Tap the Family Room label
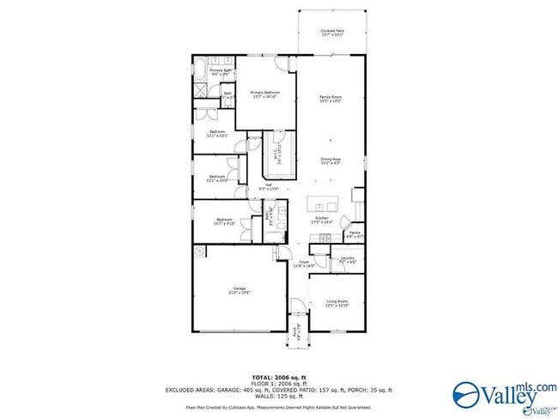pyautogui.click(x=331, y=100)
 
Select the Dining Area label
pyautogui.click(x=331, y=161)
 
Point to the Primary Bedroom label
pyautogui.click(x=265, y=94)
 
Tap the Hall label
pyautogui.click(x=268, y=187)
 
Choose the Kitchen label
pyautogui.click(x=322, y=221)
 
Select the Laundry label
pyautogui.click(x=347, y=259)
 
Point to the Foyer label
pyautogui.click(x=304, y=264)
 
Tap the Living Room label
pyautogui.click(x=337, y=303)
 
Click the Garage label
pyautogui.click(x=240, y=290)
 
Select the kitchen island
pyautogui.click(x=324, y=206)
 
